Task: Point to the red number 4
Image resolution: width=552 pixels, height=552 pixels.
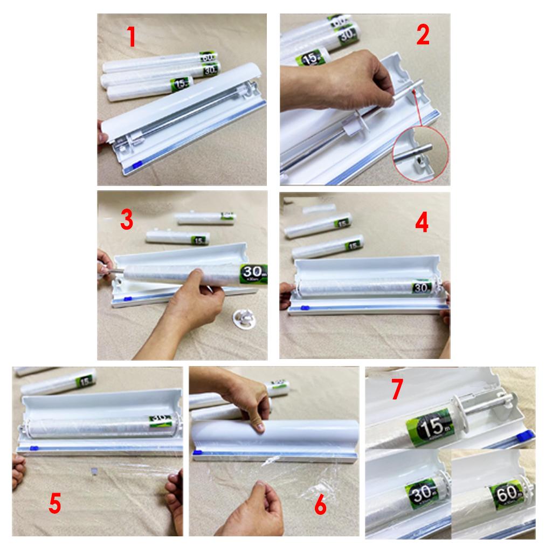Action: (422, 222)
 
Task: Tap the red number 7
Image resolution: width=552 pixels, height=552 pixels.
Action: (397, 390)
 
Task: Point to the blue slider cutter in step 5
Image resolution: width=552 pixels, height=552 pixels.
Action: (34, 447)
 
